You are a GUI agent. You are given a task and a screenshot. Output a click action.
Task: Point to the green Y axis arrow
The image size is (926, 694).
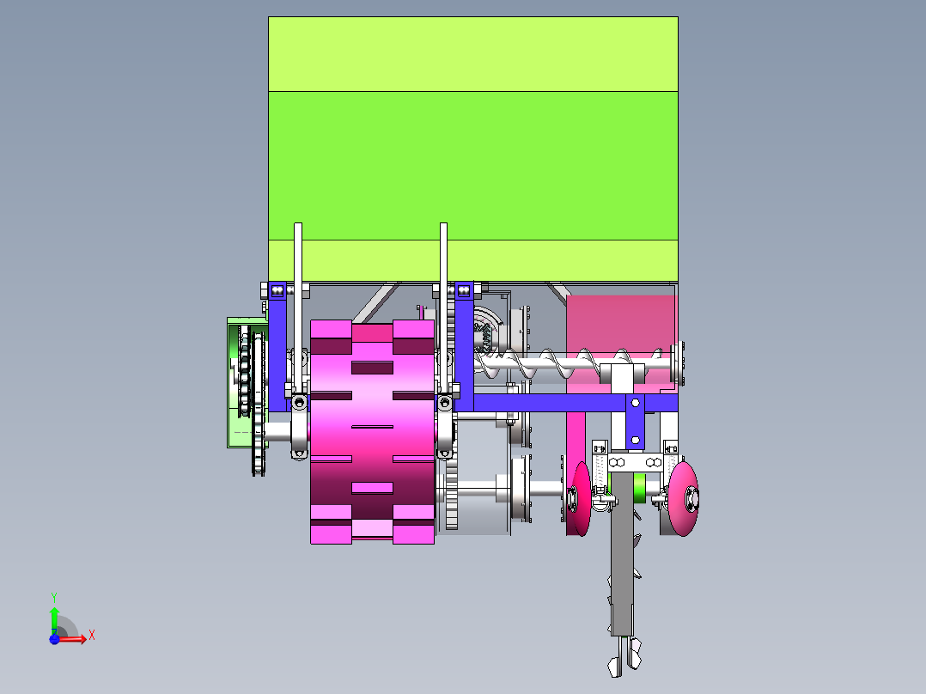coord(54,620)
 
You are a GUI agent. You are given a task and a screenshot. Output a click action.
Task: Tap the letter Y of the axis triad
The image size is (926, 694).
coord(54,597)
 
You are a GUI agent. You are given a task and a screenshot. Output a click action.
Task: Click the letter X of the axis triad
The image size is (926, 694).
coord(92,636)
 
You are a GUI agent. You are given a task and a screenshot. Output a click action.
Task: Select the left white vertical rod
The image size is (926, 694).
coord(298,307)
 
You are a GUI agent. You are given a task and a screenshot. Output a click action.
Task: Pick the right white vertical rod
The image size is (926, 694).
coord(443,307)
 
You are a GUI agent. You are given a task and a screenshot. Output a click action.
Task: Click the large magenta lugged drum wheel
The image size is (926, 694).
coord(372,431)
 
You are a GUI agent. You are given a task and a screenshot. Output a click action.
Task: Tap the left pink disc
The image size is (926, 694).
coord(581,499)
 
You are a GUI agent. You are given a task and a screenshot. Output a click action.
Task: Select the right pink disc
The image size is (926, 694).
coord(684,499)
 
